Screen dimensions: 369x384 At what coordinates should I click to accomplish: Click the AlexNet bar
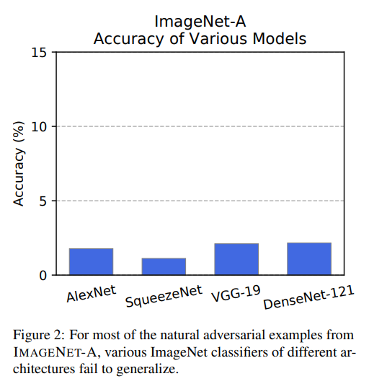point(91,261)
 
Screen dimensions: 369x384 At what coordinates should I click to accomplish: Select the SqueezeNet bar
point(164,266)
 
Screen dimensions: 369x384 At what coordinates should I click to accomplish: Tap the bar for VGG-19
point(236,259)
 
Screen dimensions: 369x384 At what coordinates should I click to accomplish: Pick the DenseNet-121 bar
point(309,259)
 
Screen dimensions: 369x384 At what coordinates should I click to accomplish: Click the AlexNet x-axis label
point(91,294)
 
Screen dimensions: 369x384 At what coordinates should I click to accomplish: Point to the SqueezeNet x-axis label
point(164,297)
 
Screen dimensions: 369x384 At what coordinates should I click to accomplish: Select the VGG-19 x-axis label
point(236,294)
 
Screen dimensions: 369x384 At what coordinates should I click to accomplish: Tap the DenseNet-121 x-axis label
point(308,297)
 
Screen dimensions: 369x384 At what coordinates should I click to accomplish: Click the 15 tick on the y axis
point(39,53)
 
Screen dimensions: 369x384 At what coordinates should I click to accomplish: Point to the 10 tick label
point(39,127)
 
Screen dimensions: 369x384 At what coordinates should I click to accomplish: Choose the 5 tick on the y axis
point(43,201)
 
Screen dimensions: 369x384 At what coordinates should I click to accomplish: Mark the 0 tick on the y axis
point(43,276)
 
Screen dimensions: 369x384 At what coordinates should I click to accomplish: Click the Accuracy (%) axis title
point(19,164)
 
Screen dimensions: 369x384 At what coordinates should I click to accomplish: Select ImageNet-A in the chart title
point(200,22)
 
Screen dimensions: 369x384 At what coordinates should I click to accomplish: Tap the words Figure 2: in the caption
point(39,335)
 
